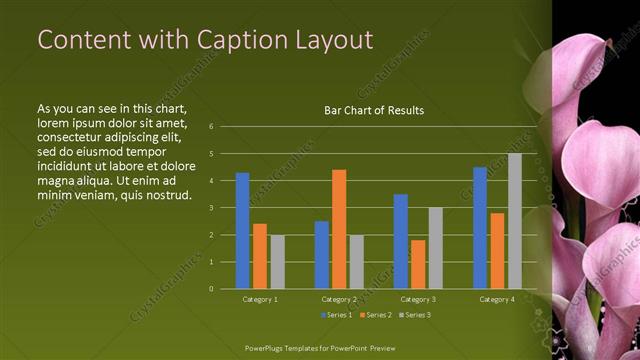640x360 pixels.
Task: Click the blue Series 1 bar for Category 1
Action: (242, 230)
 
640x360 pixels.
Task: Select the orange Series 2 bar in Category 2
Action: (339, 229)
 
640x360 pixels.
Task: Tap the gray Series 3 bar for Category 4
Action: (515, 221)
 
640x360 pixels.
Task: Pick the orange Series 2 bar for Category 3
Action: (418, 264)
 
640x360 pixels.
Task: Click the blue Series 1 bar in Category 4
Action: (480, 227)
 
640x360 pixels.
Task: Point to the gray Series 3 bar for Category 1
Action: (277, 261)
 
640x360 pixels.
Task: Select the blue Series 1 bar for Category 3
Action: (401, 241)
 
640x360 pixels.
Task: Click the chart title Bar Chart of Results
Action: (374, 110)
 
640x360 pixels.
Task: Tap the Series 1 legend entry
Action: (336, 315)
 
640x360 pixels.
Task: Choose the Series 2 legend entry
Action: (374, 315)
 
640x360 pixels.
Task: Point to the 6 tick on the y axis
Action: (211, 127)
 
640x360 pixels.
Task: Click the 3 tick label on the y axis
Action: (211, 208)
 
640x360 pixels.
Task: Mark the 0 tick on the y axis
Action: (211, 289)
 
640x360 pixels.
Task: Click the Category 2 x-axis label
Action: (339, 299)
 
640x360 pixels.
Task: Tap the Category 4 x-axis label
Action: (497, 299)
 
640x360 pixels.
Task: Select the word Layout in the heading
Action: (329, 40)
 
